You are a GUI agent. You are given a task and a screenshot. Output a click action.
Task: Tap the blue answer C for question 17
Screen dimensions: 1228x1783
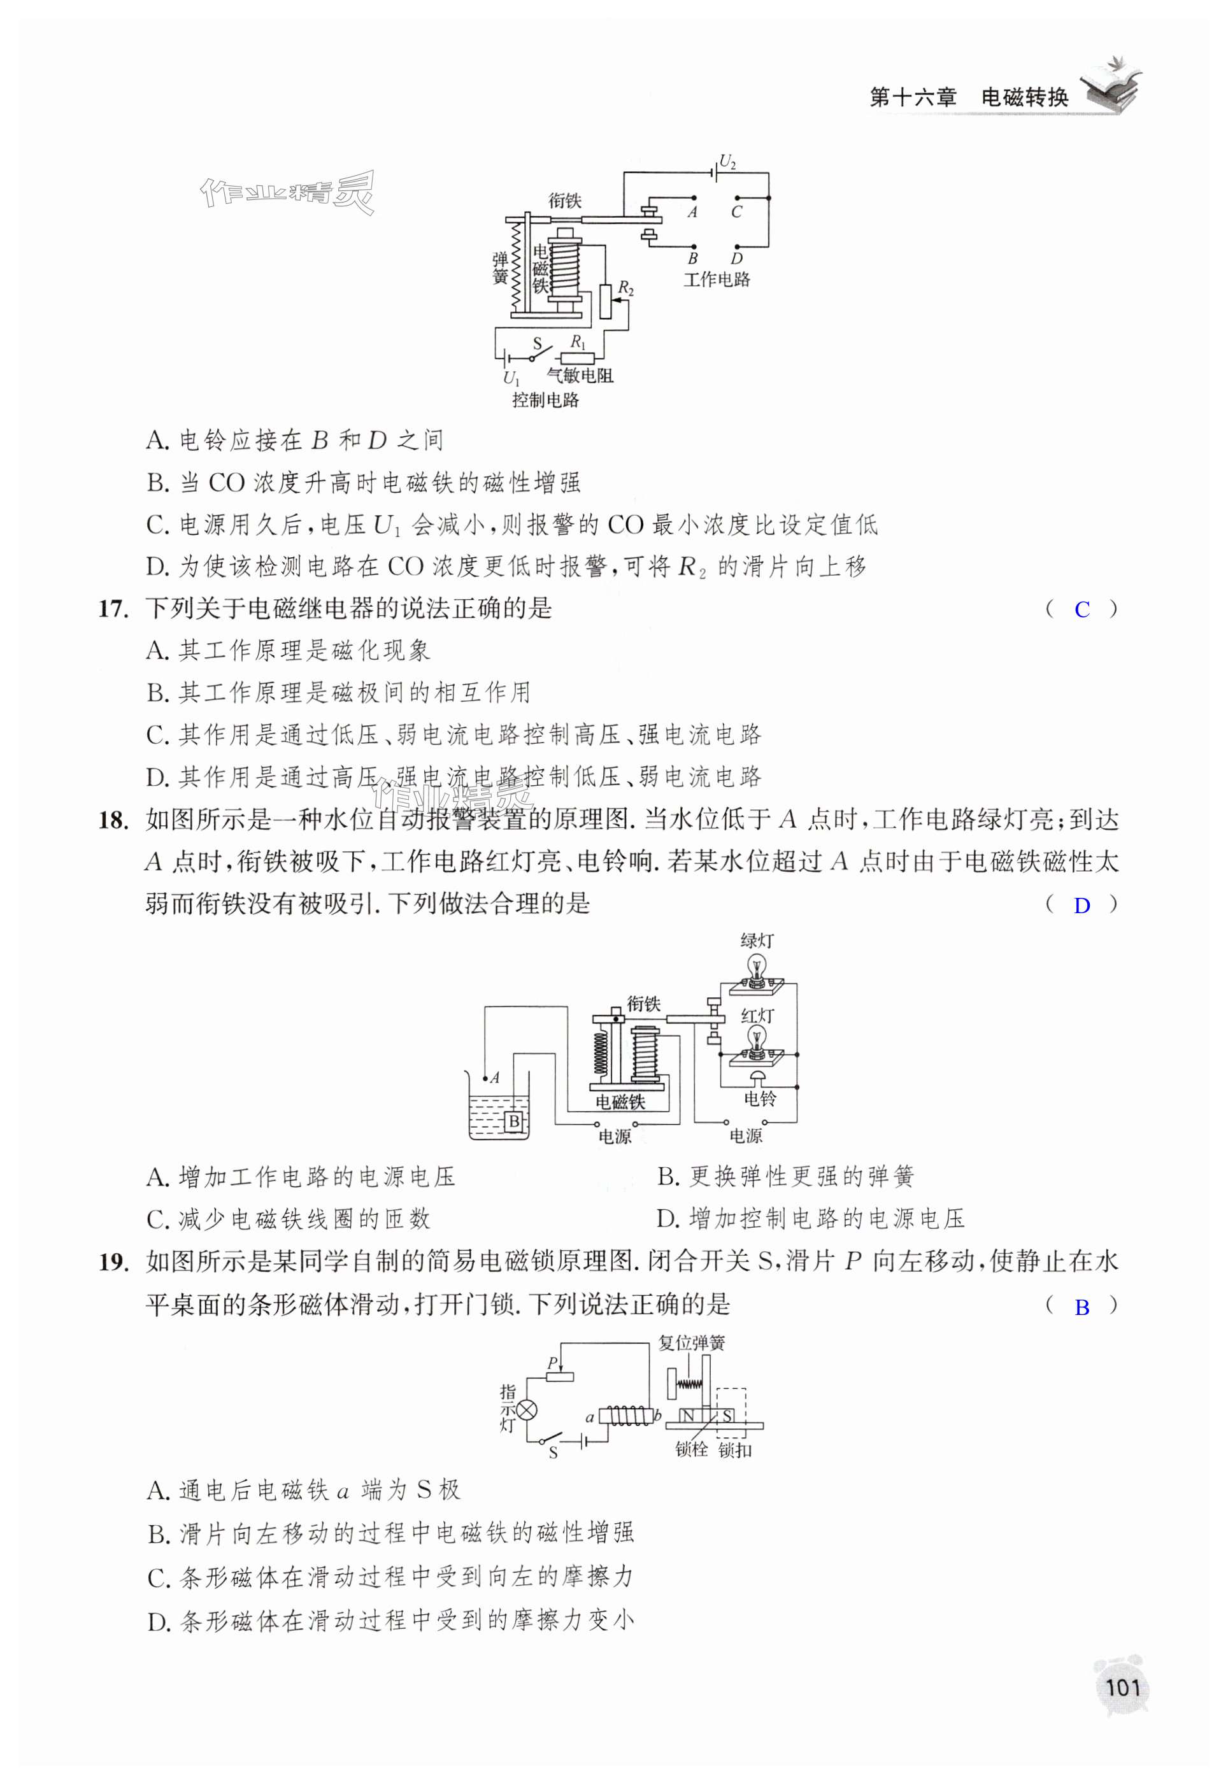coord(1082,610)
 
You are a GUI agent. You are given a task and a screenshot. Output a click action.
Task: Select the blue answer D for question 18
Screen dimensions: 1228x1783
coord(1082,906)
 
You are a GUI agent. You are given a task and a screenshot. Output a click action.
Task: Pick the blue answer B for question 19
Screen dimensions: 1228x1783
coord(1082,1307)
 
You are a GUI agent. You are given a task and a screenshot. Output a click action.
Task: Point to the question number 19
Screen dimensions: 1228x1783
coord(111,1262)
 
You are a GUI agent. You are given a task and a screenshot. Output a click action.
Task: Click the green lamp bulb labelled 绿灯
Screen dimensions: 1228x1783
coord(758,965)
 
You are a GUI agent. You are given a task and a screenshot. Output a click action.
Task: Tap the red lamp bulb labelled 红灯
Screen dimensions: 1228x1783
coord(758,1039)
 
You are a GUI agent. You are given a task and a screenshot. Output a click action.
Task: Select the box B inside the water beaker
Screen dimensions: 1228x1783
coord(514,1121)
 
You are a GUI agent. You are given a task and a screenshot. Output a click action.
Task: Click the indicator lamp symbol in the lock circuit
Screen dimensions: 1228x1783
coord(527,1409)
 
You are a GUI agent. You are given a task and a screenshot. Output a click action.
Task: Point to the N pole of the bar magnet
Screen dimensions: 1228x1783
coord(689,1416)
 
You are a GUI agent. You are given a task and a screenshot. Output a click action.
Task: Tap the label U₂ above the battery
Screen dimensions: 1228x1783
coord(727,163)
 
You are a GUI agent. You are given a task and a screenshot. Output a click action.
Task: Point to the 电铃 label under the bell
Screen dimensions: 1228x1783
coord(759,1098)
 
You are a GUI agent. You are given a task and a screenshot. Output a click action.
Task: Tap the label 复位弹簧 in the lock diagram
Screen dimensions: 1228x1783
coord(692,1343)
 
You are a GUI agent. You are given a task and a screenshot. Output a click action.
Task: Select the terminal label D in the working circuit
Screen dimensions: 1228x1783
coord(737,259)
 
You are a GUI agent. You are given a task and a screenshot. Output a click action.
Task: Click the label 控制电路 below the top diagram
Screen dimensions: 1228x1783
coord(545,400)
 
